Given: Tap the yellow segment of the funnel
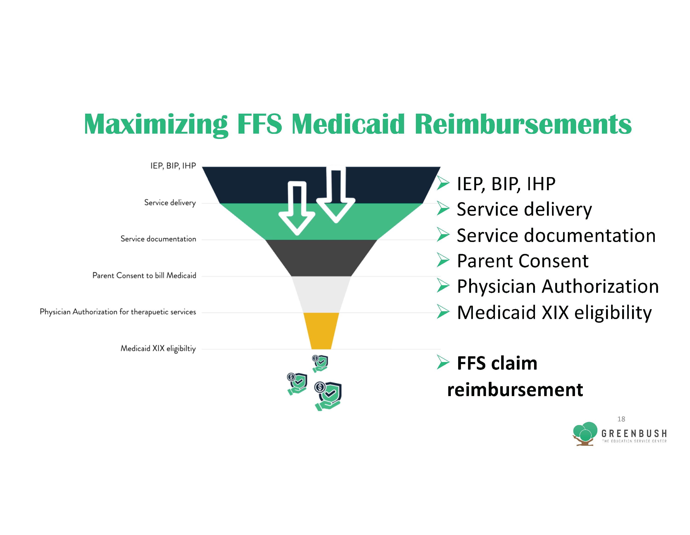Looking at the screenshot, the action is (x=321, y=331).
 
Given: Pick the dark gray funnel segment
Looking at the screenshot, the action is (x=321, y=258).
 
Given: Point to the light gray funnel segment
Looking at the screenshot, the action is (x=321, y=294).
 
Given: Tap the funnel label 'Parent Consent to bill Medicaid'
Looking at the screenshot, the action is (x=144, y=276).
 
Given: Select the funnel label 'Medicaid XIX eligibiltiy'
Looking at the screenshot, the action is (x=158, y=348).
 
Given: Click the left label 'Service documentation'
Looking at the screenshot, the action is (x=158, y=239).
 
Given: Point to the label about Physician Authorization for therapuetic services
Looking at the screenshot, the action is (x=118, y=312).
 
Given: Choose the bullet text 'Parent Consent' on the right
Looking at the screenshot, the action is (x=523, y=261).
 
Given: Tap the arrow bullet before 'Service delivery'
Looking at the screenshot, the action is (x=443, y=209).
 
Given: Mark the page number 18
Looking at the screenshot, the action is (x=621, y=419).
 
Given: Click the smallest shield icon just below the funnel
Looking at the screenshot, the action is (x=320, y=364).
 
